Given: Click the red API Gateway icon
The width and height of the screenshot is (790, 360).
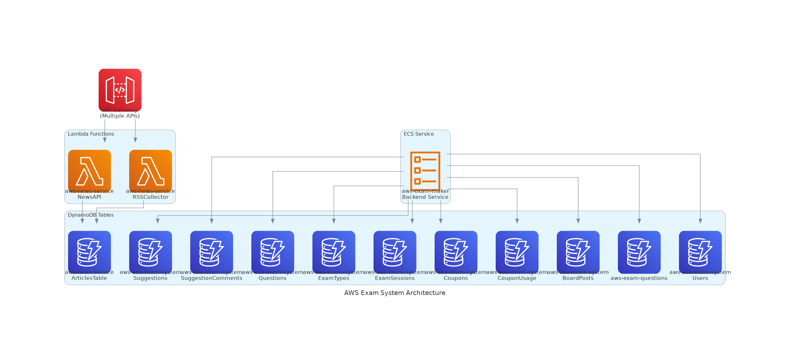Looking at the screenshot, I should click(x=120, y=90).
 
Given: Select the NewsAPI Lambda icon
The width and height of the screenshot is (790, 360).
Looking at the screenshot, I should click(x=89, y=171).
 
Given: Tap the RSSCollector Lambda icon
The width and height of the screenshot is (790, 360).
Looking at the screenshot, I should click(x=150, y=171).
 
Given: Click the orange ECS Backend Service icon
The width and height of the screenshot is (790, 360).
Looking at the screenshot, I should click(x=425, y=171).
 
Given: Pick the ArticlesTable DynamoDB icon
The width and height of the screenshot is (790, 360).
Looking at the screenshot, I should click(x=89, y=252).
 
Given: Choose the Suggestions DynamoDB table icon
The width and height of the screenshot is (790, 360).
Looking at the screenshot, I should click(x=150, y=252).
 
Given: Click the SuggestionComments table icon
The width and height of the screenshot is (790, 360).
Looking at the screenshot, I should click(x=212, y=252).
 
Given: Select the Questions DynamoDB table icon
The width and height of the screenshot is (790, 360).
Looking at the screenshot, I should click(x=273, y=252).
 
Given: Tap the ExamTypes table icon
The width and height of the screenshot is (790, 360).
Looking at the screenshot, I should click(x=334, y=252).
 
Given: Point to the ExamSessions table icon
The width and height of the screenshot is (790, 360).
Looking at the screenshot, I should click(x=395, y=252).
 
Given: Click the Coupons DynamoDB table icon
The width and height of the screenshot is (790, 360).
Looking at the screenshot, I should click(x=456, y=252).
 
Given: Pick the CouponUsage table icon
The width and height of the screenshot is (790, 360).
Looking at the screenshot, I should click(x=517, y=252).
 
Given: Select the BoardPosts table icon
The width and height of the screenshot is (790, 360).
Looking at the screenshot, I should click(x=578, y=252).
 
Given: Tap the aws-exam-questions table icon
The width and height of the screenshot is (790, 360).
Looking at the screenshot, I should click(x=639, y=252).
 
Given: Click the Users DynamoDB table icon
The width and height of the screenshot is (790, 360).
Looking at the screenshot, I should click(x=700, y=252).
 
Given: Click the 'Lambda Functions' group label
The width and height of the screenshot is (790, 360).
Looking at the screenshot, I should click(x=91, y=134).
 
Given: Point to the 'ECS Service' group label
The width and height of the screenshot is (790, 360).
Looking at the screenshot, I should click(x=419, y=134).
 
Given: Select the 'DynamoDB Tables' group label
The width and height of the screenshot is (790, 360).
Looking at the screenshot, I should click(x=91, y=215).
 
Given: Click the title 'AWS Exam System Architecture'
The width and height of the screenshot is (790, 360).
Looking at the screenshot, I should click(x=395, y=293).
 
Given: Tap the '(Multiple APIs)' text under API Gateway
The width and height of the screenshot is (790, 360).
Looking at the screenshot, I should click(x=120, y=116).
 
